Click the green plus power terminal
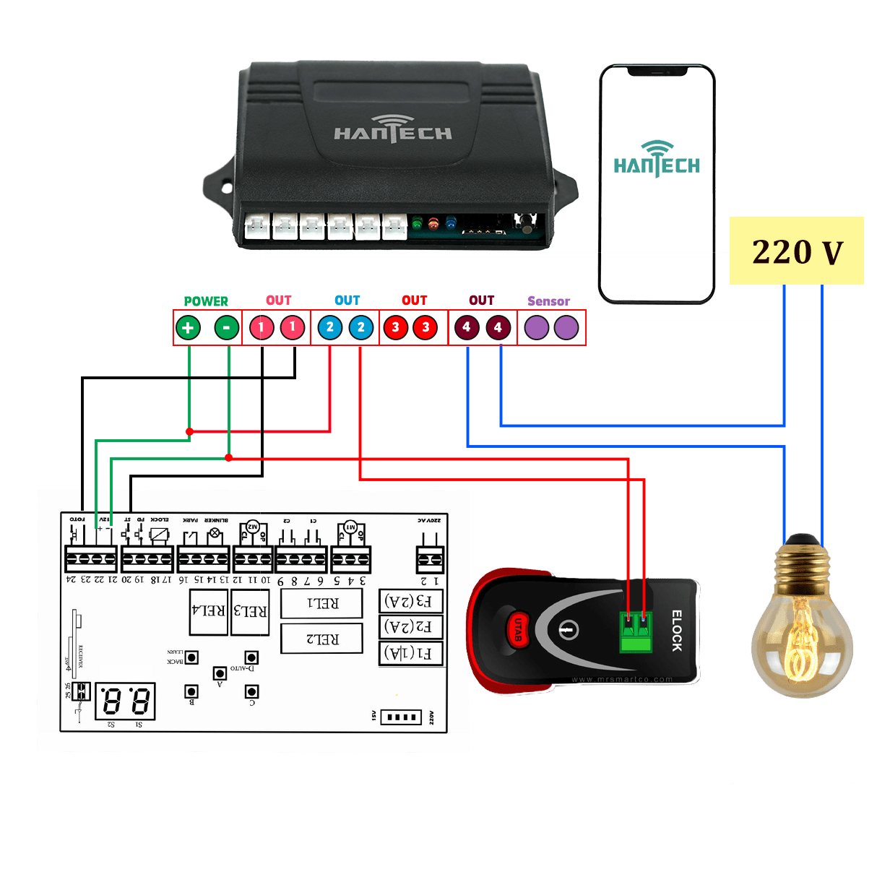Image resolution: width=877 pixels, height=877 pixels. (188, 328)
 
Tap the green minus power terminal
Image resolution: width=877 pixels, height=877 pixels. (227, 328)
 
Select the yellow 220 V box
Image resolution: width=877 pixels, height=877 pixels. (796, 251)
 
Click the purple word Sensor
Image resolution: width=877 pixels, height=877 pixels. (548, 301)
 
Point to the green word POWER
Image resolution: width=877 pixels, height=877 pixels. (206, 301)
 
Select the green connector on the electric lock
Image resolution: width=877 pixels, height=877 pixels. (636, 632)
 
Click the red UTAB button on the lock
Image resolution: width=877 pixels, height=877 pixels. (518, 628)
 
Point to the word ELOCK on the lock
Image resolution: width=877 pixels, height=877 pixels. (677, 631)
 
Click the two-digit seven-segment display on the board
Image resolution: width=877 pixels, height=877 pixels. (125, 701)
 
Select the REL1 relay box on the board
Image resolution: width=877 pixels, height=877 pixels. (321, 603)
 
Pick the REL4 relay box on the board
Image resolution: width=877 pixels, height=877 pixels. (208, 611)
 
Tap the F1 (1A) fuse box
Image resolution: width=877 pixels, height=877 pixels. (410, 653)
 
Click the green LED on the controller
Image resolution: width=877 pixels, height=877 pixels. (417, 225)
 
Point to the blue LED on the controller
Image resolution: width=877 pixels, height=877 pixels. (452, 224)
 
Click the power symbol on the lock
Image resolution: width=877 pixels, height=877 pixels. (569, 630)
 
